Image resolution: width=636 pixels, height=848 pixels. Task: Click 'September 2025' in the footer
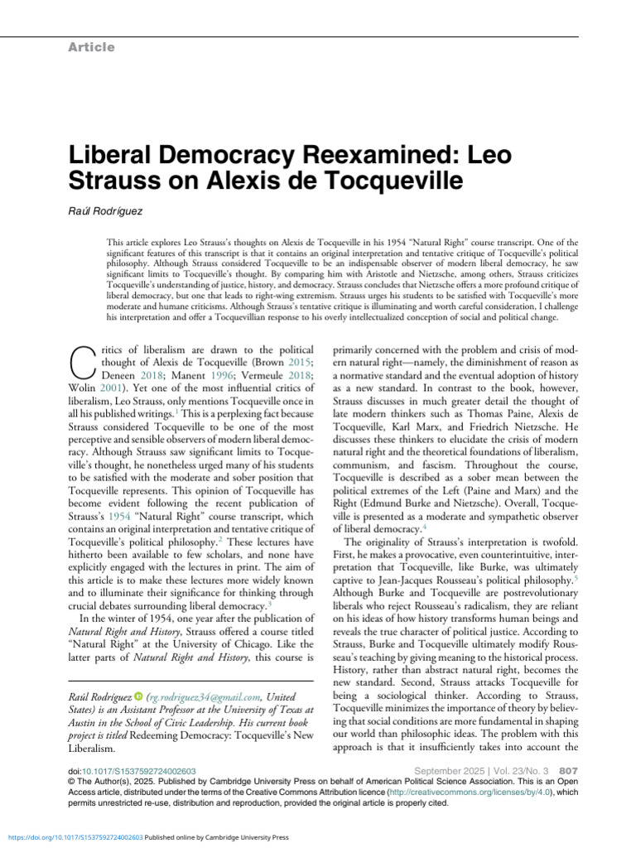443,769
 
